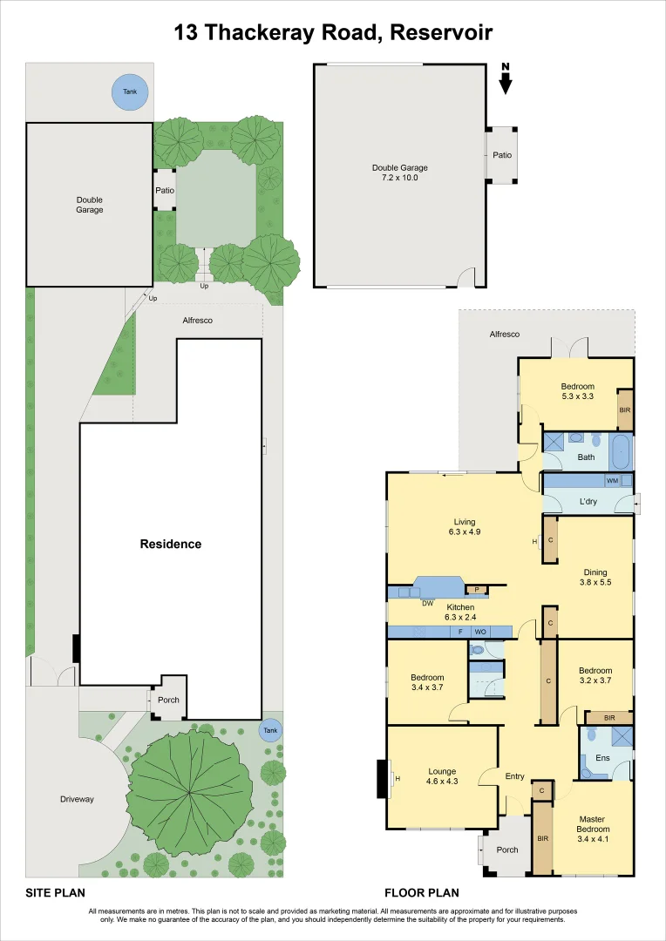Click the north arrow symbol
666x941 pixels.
pyautogui.click(x=506, y=78)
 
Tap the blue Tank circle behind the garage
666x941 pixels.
pyautogui.click(x=130, y=91)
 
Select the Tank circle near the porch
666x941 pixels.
pyautogui.click(x=270, y=730)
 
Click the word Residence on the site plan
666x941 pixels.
pyautogui.click(x=171, y=545)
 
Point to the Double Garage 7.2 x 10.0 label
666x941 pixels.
pyautogui.click(x=399, y=173)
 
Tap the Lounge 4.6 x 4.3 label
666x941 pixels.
pyautogui.click(x=442, y=776)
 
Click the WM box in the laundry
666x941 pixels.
pyautogui.click(x=613, y=481)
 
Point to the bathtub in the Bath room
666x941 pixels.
pyautogui.click(x=621, y=453)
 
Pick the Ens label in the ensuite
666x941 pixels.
pyautogui.click(x=602, y=758)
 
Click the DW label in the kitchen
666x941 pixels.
pyautogui.click(x=428, y=603)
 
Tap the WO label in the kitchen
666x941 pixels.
pyautogui.click(x=480, y=632)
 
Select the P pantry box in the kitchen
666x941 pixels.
pyautogui.click(x=477, y=590)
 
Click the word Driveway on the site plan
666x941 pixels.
pyautogui.click(x=77, y=799)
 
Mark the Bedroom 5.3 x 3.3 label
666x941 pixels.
pyautogui.click(x=578, y=390)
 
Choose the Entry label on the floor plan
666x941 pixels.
pyautogui.click(x=514, y=776)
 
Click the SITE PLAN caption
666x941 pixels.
pyautogui.click(x=55, y=892)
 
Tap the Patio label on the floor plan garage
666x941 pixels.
pyautogui.click(x=502, y=155)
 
